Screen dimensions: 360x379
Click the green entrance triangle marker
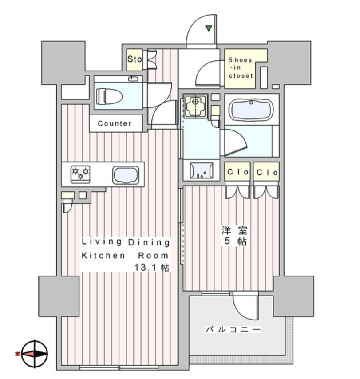[209, 28]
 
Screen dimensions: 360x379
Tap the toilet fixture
[109, 96]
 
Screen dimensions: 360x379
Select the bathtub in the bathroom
[251, 110]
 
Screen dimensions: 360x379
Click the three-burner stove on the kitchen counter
[80, 174]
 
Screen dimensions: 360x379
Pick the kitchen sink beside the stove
[126, 175]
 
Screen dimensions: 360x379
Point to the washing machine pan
[195, 106]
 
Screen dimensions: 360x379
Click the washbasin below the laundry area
[202, 170]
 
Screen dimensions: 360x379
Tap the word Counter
[115, 123]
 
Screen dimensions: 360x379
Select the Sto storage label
[135, 59]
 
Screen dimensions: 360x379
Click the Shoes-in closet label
[241, 67]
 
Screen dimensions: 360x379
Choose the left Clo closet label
[237, 172]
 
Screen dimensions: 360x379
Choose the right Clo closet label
[267, 172]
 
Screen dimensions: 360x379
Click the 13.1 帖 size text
[152, 267]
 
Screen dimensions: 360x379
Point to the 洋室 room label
[234, 231]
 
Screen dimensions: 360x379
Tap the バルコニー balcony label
[233, 329]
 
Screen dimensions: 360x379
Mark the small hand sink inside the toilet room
[133, 79]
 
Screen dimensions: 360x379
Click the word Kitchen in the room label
[103, 255]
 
